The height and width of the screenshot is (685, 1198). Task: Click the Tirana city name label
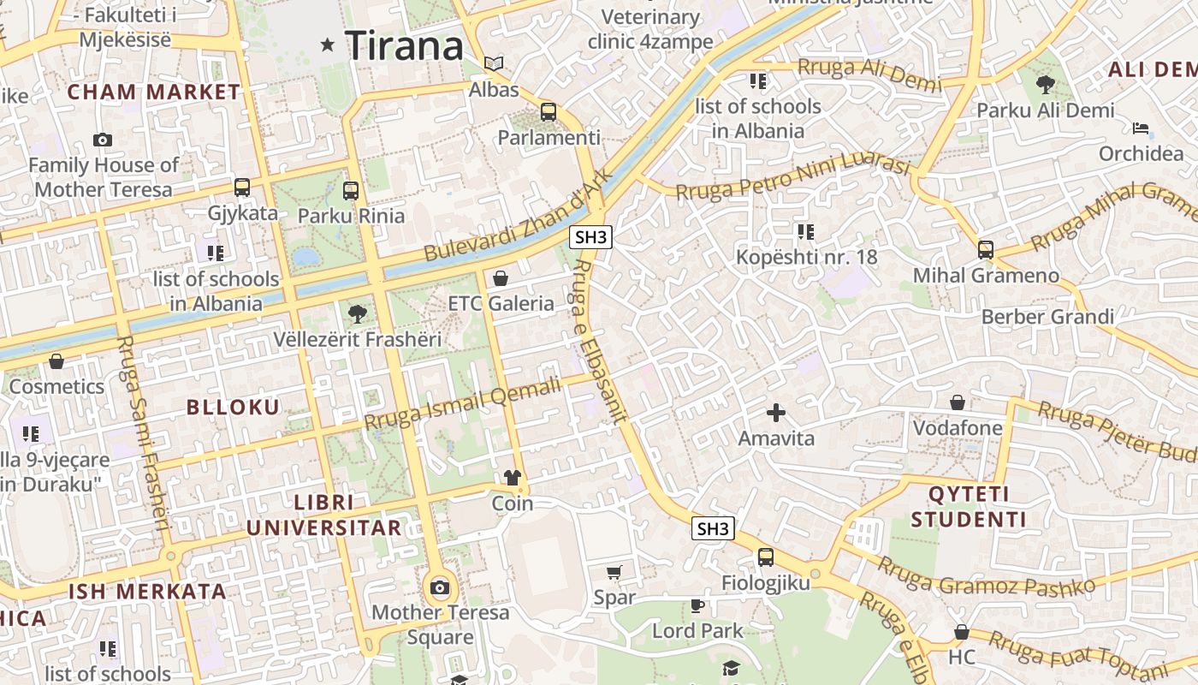(x=404, y=45)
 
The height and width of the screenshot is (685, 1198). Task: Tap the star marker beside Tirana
(x=327, y=45)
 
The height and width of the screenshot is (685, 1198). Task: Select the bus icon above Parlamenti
(x=549, y=112)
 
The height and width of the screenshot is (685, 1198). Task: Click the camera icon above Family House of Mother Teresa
(x=103, y=140)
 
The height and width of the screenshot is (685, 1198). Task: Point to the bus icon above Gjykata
(x=242, y=188)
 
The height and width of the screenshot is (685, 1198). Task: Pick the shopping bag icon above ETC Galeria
(x=501, y=278)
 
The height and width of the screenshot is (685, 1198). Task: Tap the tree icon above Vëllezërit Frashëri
(x=358, y=314)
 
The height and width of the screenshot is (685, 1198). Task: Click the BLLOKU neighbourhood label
(x=234, y=408)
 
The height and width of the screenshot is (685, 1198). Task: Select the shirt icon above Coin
(x=513, y=478)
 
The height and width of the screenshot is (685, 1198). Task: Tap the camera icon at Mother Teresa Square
(x=440, y=587)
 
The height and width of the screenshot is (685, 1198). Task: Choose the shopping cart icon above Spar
(x=614, y=572)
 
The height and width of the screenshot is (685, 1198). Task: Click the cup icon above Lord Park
(x=697, y=606)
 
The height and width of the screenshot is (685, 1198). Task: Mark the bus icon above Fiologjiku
(x=765, y=557)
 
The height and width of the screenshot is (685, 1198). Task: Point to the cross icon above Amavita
(x=776, y=414)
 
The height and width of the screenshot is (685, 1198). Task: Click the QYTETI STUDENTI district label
(x=969, y=507)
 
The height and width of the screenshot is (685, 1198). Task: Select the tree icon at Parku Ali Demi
(x=1045, y=84)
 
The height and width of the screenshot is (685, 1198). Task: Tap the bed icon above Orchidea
(x=1141, y=129)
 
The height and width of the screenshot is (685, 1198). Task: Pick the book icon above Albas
(x=494, y=63)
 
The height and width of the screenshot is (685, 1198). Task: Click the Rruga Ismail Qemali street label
(x=463, y=404)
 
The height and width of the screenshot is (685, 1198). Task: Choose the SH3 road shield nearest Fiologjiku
(x=712, y=528)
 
